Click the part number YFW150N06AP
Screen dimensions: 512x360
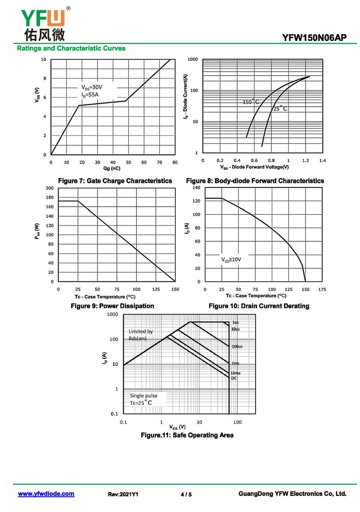(x=315, y=38)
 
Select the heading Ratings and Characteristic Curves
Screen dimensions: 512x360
(x=71, y=48)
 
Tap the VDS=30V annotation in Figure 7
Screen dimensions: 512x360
(x=92, y=87)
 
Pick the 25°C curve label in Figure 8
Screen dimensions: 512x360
(x=280, y=109)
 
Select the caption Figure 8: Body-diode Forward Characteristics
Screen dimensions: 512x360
(x=255, y=181)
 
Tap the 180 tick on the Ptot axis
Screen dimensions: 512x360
(x=49, y=197)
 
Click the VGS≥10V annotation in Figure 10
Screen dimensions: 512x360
(x=231, y=260)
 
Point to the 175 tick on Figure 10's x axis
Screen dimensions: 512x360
(x=322, y=290)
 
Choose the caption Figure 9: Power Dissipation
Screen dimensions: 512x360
(x=112, y=306)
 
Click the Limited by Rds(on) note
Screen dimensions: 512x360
(x=140, y=335)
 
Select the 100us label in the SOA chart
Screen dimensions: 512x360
(x=237, y=346)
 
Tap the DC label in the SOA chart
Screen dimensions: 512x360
(x=234, y=378)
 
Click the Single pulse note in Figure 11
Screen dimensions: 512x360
(x=144, y=396)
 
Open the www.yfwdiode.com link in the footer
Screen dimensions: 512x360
(x=46, y=494)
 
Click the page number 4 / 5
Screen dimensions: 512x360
(x=186, y=494)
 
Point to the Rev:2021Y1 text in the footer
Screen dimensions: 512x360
(x=123, y=494)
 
